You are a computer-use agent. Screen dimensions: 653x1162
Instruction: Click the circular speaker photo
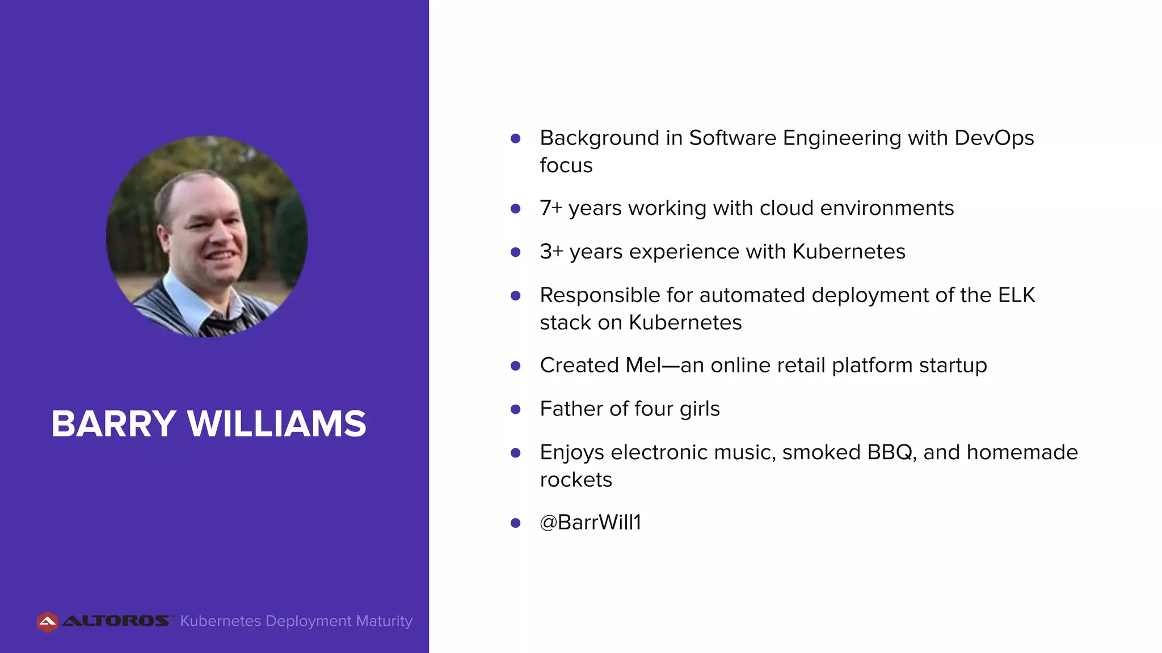pyautogui.click(x=207, y=236)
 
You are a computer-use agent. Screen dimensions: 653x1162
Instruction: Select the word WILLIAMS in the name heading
pyautogui.click(x=277, y=423)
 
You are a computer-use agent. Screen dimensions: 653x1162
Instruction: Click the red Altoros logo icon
pyautogui.click(x=48, y=622)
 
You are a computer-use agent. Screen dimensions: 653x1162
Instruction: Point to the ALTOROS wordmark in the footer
pyautogui.click(x=116, y=621)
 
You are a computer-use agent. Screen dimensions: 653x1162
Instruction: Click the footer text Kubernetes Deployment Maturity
pyautogui.click(x=296, y=621)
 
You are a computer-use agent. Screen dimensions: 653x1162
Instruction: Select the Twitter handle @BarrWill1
pyautogui.click(x=590, y=523)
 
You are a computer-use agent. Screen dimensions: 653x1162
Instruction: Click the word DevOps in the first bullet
pyautogui.click(x=994, y=138)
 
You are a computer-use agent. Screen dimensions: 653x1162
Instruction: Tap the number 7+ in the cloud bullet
pyautogui.click(x=550, y=208)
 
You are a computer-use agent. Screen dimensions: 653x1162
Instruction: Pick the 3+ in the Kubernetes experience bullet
pyautogui.click(x=551, y=252)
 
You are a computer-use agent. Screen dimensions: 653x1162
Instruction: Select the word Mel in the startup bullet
pyautogui.click(x=643, y=366)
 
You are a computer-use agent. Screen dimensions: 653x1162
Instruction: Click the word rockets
pyautogui.click(x=576, y=480)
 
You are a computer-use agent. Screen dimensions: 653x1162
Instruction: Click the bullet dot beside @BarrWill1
pyautogui.click(x=516, y=523)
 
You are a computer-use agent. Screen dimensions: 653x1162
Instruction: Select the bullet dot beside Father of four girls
pyautogui.click(x=516, y=409)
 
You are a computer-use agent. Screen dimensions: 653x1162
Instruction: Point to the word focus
pyautogui.click(x=566, y=166)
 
